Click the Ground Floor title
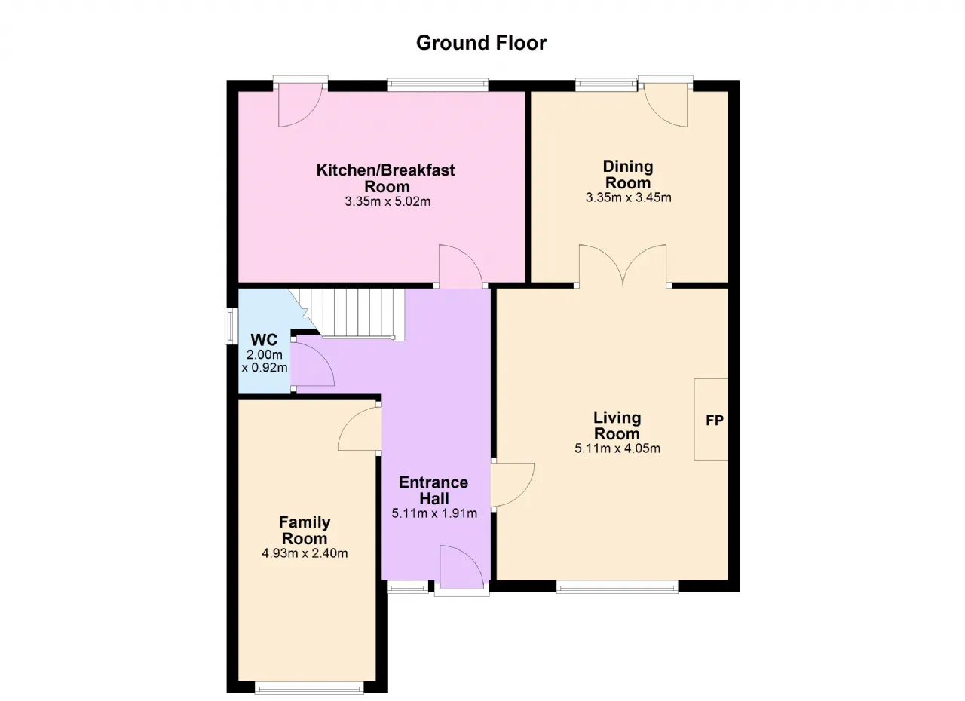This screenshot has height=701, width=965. pyautogui.click(x=481, y=43)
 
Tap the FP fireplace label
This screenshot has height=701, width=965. pyautogui.click(x=714, y=420)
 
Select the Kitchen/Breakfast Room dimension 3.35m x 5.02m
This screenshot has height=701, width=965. pyautogui.click(x=388, y=201)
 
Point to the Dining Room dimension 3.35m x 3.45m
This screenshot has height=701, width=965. pyautogui.click(x=628, y=197)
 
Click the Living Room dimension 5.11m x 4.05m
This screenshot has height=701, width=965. pyautogui.click(x=617, y=448)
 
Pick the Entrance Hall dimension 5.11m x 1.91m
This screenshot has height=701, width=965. pyautogui.click(x=434, y=513)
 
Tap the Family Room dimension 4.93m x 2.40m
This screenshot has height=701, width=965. pyautogui.click(x=305, y=553)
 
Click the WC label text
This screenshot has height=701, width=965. pyautogui.click(x=264, y=340)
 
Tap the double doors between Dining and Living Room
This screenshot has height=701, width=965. pyautogui.click(x=623, y=266)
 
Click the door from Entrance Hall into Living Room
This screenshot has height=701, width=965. pyautogui.click(x=513, y=485)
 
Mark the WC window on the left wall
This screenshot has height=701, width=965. pyautogui.click(x=231, y=326)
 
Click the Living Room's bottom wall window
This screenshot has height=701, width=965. pyautogui.click(x=617, y=586)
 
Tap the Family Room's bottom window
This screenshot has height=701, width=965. pyautogui.click(x=309, y=687)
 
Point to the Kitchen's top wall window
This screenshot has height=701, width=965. pyautogui.click(x=437, y=85)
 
